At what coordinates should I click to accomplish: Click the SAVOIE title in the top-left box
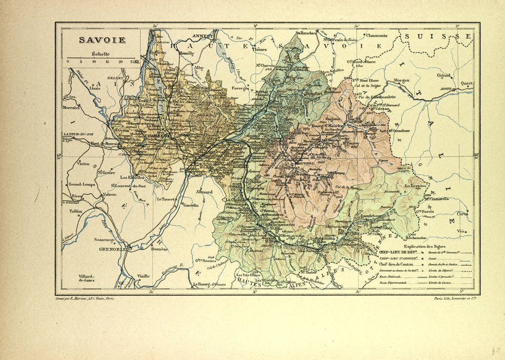[x=102, y=40]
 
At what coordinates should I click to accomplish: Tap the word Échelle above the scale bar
[x=100, y=54]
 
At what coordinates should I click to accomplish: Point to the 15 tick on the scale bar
[x=107, y=62]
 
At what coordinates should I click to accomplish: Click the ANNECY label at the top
[x=202, y=36]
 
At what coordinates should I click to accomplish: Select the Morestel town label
[x=71, y=107]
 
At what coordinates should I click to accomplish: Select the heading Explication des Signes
[x=424, y=246]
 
